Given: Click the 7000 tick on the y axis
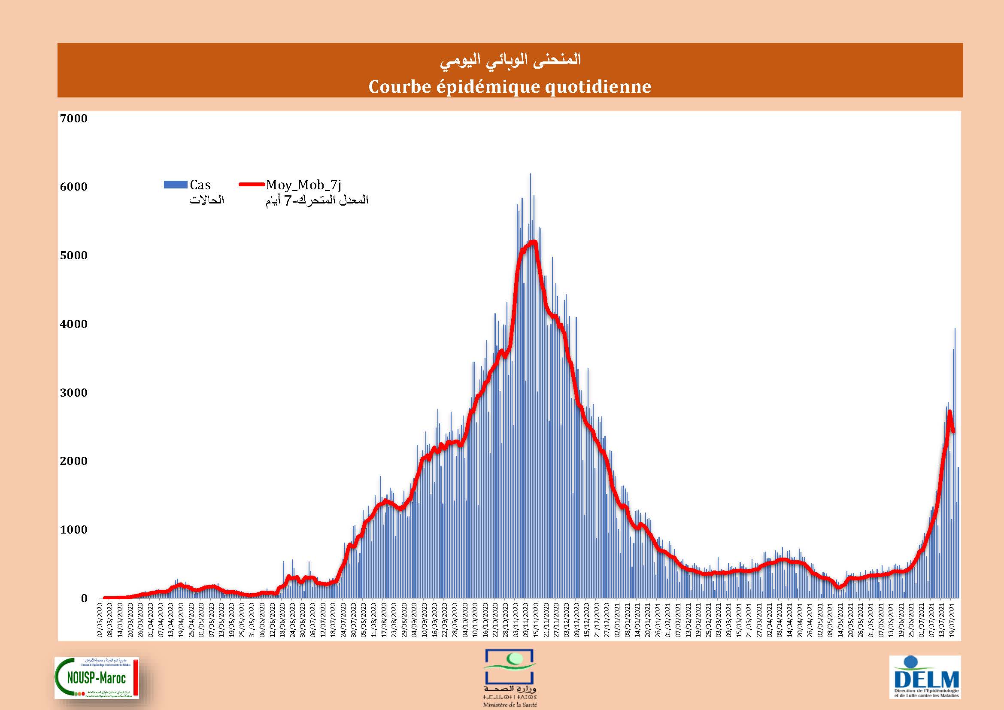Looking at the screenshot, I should tap(73, 118).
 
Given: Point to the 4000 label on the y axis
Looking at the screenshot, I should tap(73, 324).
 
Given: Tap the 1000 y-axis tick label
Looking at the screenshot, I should tap(73, 529).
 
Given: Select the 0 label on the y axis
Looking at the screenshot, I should tap(84, 598).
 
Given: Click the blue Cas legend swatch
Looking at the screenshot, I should tap(176, 185).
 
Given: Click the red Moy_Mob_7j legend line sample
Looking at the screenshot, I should tap(252, 185).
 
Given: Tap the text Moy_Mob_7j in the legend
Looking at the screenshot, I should tap(303, 185).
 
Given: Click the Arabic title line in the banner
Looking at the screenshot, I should tap(510, 60).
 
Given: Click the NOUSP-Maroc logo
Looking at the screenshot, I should tap(97, 678).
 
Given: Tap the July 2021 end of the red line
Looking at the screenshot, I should tap(953, 432).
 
